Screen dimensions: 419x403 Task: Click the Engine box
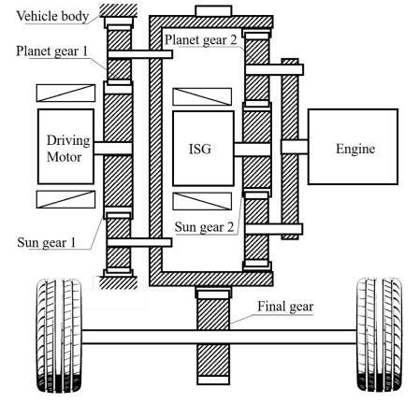click(353, 147)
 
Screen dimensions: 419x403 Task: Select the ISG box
click(203, 149)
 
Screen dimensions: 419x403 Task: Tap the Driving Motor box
click(65, 147)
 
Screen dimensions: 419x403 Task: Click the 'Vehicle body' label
click(52, 16)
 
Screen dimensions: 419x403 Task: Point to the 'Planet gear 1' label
click(52, 51)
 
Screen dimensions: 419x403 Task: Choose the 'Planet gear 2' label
click(201, 40)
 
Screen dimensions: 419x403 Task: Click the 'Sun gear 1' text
click(47, 242)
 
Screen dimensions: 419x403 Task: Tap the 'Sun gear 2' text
click(204, 227)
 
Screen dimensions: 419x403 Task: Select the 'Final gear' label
click(285, 307)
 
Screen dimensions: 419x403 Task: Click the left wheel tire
click(59, 336)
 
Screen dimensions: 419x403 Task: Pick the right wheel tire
click(380, 335)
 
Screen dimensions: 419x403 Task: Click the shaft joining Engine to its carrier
click(295, 147)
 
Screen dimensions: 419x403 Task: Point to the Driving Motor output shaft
click(113, 149)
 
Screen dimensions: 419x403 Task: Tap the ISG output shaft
click(252, 150)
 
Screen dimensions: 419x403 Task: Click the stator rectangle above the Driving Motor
click(65, 93)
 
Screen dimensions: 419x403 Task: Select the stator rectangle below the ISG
click(202, 201)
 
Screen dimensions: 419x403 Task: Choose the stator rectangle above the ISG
click(202, 96)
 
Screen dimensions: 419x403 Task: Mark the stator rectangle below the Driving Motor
click(65, 199)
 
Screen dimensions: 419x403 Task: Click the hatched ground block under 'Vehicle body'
click(119, 10)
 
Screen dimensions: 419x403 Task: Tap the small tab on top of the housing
click(213, 11)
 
